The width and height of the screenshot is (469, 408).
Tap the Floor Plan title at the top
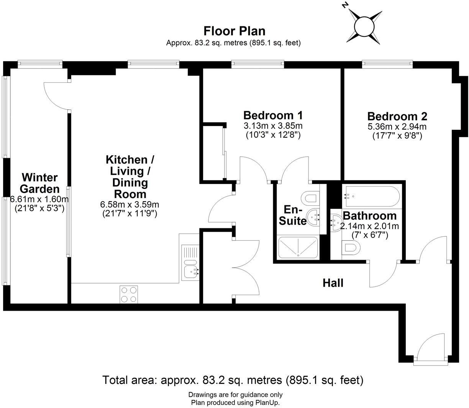coord(234,31)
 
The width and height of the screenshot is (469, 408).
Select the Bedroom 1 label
coord(273,115)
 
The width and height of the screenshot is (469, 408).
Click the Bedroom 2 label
coord(397,116)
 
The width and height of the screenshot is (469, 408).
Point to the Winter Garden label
coord(39,183)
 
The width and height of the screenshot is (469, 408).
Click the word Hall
coord(333,283)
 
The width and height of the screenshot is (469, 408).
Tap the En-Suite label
coord(293,216)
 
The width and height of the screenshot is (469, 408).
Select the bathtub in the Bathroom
coord(372,197)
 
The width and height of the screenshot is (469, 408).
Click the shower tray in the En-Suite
coord(298,247)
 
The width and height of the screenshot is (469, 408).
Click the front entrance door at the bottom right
coord(431,349)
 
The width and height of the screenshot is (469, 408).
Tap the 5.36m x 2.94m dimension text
coord(397,127)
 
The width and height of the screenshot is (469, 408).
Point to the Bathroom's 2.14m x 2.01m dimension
coord(369,226)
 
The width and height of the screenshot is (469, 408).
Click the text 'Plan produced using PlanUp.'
coord(235,403)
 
